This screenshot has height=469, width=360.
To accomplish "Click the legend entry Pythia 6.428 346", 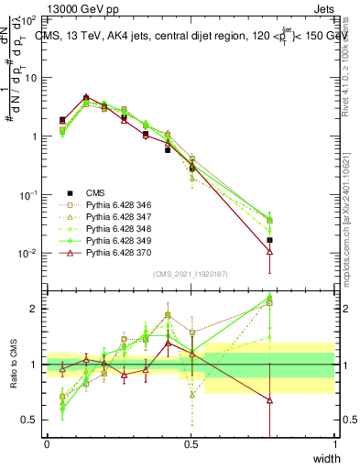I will (108, 205).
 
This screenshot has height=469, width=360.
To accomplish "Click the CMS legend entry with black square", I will (94, 193).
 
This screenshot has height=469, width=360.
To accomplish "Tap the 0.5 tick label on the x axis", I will (191, 443).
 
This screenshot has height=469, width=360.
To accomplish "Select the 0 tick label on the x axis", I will (47, 443).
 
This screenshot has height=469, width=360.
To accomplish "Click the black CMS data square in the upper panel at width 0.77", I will (269, 240).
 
